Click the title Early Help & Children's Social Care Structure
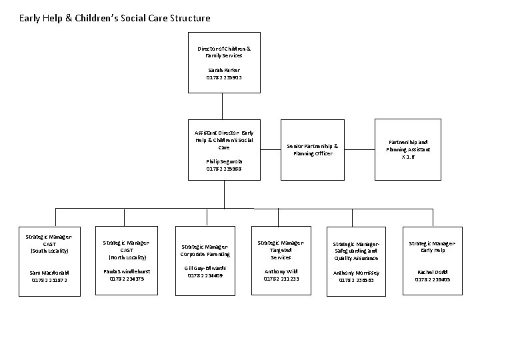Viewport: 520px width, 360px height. [x=115, y=18]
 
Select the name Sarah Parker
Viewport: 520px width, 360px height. [x=224, y=70]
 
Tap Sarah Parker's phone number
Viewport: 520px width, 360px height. [x=224, y=78]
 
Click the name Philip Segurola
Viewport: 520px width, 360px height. [x=224, y=161]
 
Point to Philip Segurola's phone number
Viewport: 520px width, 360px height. [x=224, y=169]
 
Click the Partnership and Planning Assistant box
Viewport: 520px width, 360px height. [x=408, y=149]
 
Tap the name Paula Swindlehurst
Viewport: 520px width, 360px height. [x=127, y=272]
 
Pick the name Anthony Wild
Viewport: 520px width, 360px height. [x=281, y=272]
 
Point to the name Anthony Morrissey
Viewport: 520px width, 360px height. [x=357, y=273]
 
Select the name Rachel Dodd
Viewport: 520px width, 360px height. [x=432, y=272]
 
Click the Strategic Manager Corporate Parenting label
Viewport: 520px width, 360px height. [x=205, y=250]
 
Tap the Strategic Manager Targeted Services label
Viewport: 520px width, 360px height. [x=281, y=250]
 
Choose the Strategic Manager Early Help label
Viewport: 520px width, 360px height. [x=432, y=247]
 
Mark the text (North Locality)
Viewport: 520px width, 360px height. [x=127, y=257]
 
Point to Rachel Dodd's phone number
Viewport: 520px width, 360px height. [x=432, y=280]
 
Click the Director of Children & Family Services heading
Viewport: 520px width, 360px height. [x=224, y=53]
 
